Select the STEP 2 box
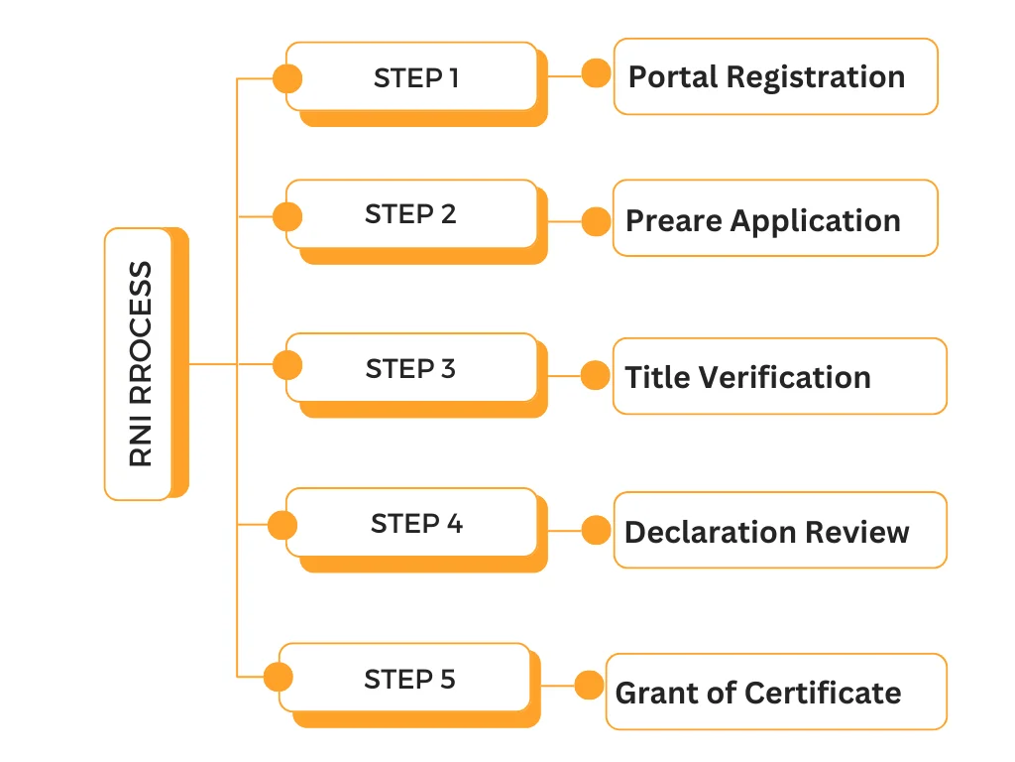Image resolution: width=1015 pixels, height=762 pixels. [412, 214]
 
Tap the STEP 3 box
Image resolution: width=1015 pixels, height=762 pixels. [412, 368]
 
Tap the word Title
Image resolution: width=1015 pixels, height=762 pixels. [656, 377]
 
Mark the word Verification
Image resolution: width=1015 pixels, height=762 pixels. [784, 377]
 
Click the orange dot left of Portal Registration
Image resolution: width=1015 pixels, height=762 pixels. [596, 73]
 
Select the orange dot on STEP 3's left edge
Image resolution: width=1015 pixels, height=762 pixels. [287, 366]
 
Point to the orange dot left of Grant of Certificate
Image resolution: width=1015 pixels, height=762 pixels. [590, 686]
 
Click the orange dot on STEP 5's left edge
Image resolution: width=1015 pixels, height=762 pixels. [279, 678]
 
